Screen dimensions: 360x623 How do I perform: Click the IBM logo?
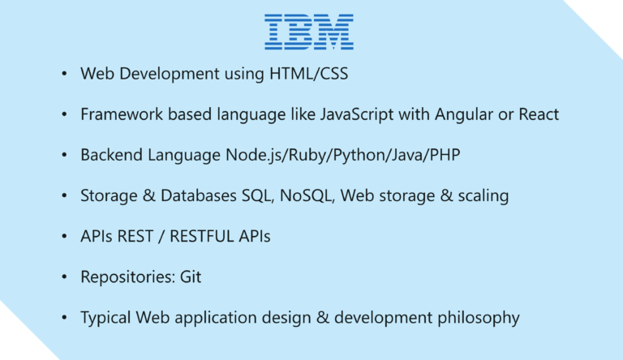click(309, 32)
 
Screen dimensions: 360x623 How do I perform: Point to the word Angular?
click(462, 114)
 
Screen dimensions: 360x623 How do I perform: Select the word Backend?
click(108, 155)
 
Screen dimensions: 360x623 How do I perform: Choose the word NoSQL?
click(295, 195)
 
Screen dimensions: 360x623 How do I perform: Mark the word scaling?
click(482, 195)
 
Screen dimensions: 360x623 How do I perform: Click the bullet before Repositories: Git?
click(64, 277)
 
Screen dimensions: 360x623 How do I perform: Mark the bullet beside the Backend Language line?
click(64, 156)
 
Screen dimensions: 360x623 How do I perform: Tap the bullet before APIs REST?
click(64, 237)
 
